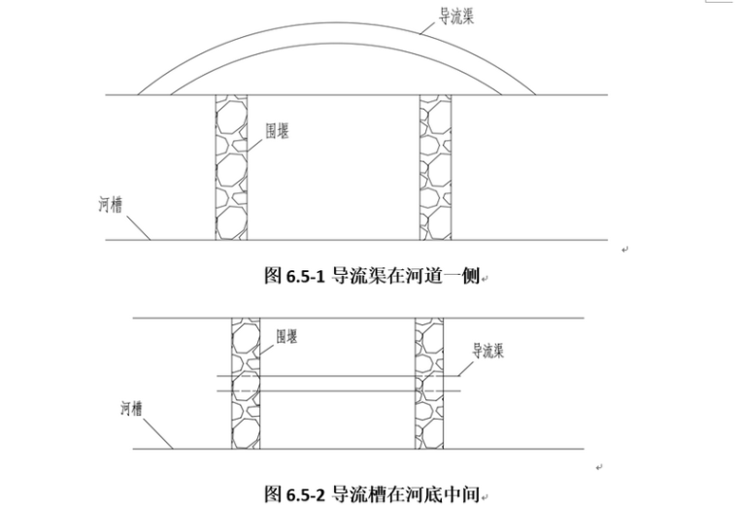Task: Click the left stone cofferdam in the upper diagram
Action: [x=231, y=167]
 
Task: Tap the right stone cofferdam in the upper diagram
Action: [x=435, y=167]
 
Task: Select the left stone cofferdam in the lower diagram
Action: [x=246, y=383]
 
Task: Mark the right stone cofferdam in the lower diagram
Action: [x=428, y=383]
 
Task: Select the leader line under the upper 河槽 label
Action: [x=136, y=227]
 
